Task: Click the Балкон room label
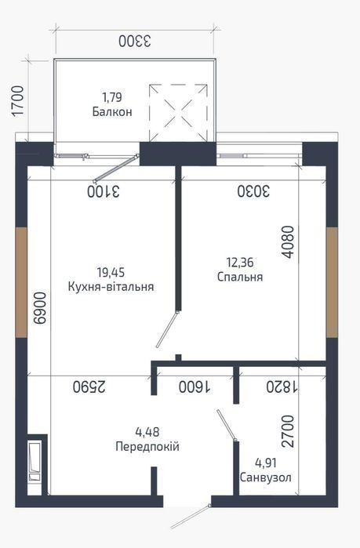tap(112, 112)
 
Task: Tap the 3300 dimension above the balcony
tap(135, 42)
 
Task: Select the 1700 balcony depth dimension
tap(17, 100)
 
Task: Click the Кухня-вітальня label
tap(111, 287)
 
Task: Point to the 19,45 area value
tap(111, 271)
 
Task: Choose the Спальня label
tap(240, 277)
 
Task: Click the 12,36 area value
tap(240, 262)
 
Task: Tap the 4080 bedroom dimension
tap(289, 242)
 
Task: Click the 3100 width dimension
tap(104, 191)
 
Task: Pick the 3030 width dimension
tap(253, 191)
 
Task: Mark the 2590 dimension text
tap(89, 387)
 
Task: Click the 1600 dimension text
tap(195, 387)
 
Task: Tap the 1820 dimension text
tap(282, 387)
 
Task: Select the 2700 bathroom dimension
tap(289, 431)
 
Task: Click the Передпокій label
tap(147, 446)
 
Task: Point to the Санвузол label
tap(266, 477)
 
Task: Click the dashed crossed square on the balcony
tap(178, 113)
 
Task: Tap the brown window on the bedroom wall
tap(332, 282)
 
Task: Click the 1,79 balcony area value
tap(112, 96)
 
